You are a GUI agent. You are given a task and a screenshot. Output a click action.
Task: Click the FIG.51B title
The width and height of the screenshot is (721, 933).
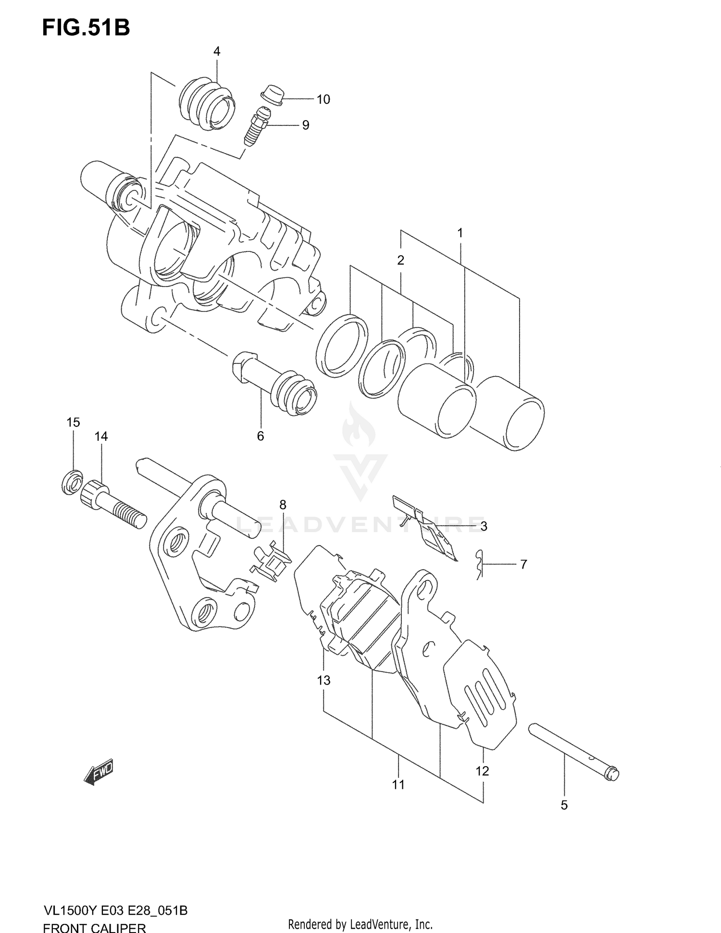(86, 28)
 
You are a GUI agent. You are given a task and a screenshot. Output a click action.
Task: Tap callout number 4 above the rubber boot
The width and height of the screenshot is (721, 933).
(217, 51)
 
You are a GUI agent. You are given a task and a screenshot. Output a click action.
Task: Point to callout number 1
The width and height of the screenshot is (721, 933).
(460, 233)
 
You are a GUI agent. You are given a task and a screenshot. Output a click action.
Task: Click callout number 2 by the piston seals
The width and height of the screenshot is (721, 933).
(400, 260)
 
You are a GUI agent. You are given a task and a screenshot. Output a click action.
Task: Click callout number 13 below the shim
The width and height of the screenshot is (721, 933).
(323, 680)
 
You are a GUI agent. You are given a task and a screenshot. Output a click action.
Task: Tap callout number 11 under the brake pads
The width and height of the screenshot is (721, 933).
(398, 785)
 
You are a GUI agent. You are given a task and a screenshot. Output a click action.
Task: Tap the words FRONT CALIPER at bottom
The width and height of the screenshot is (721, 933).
(94, 926)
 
